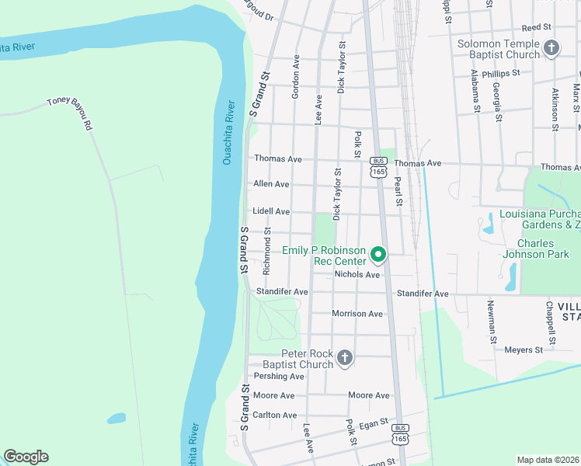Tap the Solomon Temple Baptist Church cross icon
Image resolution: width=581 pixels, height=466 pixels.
[551, 48]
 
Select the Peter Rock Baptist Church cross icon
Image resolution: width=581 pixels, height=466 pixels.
[346, 358]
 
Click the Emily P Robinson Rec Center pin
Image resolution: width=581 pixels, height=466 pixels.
[378, 254]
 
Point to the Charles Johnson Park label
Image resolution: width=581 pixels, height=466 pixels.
[534, 253]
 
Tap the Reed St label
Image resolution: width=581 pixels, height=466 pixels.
[536, 26]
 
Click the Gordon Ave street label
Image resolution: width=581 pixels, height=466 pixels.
[296, 76]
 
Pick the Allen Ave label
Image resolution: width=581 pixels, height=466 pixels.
[271, 184]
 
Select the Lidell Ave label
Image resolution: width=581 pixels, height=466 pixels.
[271, 211]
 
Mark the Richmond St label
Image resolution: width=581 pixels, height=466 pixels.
[266, 251]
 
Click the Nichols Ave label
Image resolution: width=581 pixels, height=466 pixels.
[357, 275]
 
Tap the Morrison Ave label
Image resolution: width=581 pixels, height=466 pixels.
[357, 314]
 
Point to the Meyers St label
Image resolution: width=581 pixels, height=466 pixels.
[524, 350]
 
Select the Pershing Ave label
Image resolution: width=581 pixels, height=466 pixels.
[279, 377]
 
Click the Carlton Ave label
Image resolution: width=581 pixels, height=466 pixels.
[275, 416]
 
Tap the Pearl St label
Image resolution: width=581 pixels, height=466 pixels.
[397, 191]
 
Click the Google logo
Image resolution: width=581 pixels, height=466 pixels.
[26, 457]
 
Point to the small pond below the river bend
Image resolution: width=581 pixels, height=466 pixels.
[117, 418]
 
